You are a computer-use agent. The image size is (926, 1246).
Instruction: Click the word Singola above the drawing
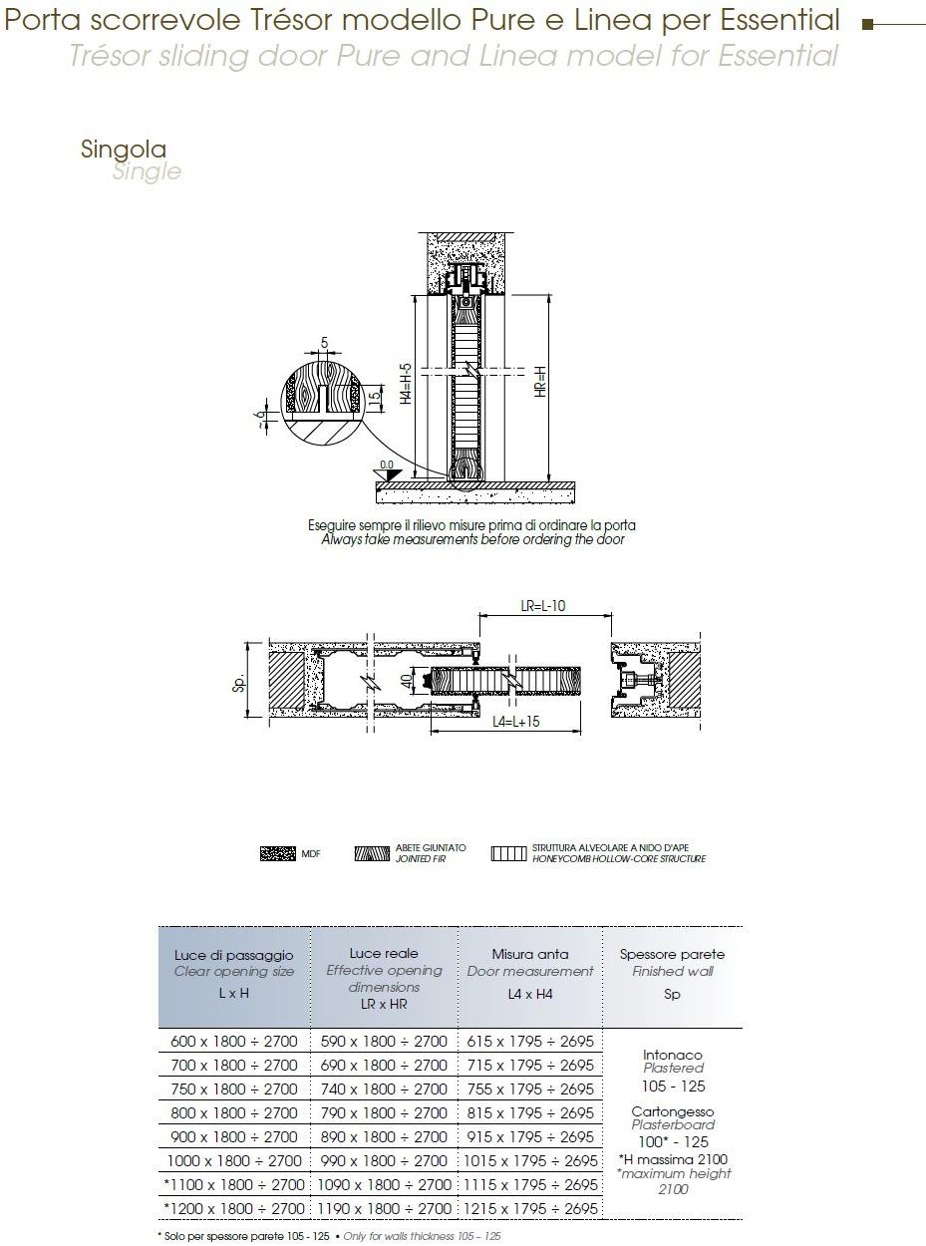[x=124, y=150]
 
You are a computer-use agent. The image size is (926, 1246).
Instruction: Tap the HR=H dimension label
[x=539, y=382]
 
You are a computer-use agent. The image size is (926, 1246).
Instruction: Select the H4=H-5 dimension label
[x=406, y=383]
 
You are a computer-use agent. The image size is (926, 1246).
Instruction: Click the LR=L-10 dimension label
[x=543, y=606]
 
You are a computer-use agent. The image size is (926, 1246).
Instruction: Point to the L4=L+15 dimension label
[x=515, y=721]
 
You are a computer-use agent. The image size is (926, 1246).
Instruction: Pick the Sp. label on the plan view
[x=240, y=682]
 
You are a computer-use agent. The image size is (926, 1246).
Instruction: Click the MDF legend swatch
[x=277, y=854]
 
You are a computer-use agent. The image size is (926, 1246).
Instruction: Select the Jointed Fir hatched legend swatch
[x=372, y=854]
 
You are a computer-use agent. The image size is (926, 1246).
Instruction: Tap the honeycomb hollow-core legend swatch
[x=507, y=854]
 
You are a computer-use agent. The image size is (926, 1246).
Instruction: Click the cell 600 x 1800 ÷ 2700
[x=234, y=1041]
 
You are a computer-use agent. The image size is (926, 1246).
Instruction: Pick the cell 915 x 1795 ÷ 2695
[x=530, y=1136]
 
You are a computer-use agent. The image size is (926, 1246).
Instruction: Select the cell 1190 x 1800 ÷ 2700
[x=384, y=1209]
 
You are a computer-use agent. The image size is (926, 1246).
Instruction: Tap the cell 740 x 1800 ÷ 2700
[x=384, y=1089]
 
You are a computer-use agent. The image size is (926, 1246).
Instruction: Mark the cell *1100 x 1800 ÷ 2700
[x=234, y=1185]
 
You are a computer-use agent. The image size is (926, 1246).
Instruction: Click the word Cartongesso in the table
[x=673, y=1111]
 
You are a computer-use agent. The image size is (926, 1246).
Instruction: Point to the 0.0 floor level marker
[x=387, y=466]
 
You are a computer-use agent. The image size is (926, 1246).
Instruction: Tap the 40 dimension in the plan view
[x=407, y=682]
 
